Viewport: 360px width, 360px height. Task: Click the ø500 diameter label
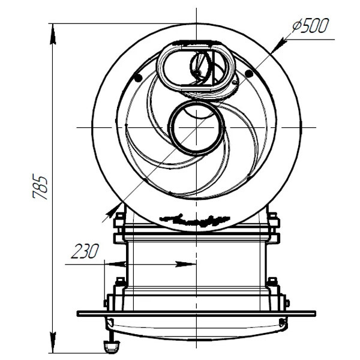point(311,26)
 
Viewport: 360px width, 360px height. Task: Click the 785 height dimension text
point(40,187)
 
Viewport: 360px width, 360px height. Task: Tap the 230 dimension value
point(85,251)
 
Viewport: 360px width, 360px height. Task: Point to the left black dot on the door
point(138,78)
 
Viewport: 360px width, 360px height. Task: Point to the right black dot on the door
point(249,74)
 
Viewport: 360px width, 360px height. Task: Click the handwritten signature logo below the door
point(195,220)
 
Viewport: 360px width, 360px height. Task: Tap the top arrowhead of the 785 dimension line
point(53,34)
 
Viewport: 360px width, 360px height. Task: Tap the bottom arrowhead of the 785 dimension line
point(53,343)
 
